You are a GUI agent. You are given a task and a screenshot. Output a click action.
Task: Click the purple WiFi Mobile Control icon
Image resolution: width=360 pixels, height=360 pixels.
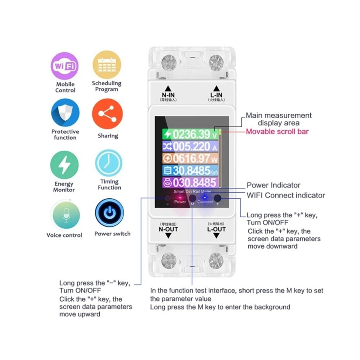(65, 66)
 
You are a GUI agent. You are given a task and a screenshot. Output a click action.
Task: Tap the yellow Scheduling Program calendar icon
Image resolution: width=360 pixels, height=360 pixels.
(106, 65)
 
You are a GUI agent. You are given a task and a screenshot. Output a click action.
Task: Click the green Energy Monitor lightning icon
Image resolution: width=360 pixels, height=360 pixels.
(65, 165)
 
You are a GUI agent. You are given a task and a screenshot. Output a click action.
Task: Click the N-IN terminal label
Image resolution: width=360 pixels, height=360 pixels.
(168, 95)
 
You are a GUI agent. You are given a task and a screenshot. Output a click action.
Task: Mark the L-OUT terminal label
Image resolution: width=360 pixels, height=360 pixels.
(216, 229)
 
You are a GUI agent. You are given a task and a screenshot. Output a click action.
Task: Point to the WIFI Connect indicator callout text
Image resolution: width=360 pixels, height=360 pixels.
(285, 195)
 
